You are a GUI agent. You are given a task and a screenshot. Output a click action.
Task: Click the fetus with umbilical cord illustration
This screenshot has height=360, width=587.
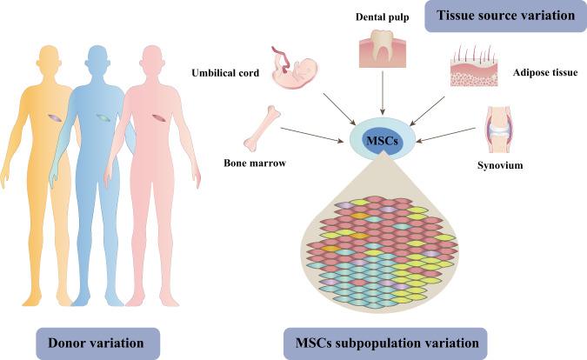pos(293,72)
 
